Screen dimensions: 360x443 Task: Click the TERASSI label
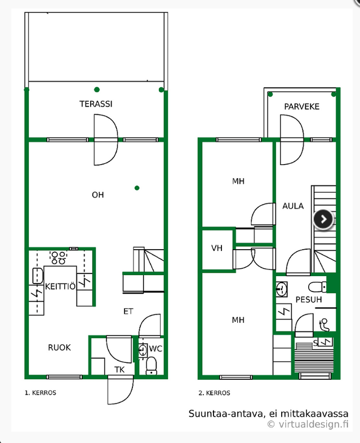coord(96,104)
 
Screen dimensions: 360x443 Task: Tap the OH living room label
coord(98,194)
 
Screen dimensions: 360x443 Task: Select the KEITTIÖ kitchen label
coord(60,286)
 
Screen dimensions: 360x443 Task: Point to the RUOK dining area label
coord(59,347)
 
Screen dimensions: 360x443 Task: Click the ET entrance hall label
coord(128,311)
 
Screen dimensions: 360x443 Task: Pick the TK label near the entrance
coord(119,369)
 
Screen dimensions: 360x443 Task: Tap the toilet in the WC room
coord(152,366)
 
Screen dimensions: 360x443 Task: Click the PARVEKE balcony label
coord(301,107)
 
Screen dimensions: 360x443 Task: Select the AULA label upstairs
coord(293,206)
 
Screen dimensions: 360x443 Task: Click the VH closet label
coord(217,248)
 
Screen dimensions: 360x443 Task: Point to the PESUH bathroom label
coord(309,299)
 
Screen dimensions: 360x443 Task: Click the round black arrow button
coord(323,219)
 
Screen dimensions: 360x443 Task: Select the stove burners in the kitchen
coord(59,258)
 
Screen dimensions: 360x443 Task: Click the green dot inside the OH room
coord(137,188)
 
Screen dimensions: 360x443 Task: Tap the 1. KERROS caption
coord(41,393)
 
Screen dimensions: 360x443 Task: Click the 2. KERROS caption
coord(214,393)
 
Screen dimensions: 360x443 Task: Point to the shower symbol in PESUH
coord(325,325)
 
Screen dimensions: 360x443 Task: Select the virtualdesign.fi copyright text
coord(308,424)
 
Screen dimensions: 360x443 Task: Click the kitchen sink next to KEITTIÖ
coord(38,276)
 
